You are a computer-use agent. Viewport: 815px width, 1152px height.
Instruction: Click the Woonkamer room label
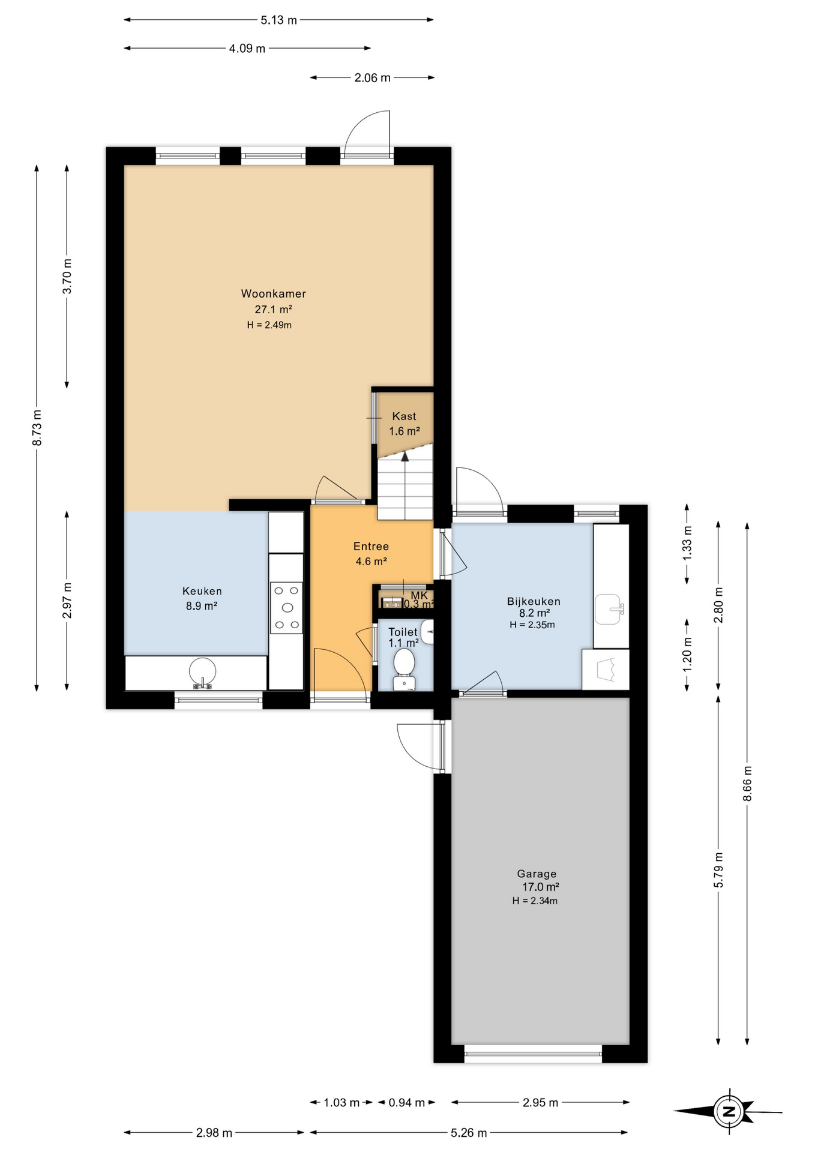tap(274, 293)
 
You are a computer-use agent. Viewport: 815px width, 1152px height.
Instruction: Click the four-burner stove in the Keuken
tap(286, 607)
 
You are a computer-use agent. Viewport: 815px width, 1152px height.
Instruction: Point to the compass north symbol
tap(729, 1111)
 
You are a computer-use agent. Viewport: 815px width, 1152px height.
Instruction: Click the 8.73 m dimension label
tap(37, 428)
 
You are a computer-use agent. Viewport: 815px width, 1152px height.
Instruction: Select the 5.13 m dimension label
tap(279, 20)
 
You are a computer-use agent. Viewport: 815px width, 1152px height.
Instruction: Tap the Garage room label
tap(537, 874)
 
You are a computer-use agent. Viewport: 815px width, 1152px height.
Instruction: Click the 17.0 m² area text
tap(541, 887)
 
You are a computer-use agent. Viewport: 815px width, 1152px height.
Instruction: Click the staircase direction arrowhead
tap(405, 456)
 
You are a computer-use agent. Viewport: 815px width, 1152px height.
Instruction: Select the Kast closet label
tap(404, 416)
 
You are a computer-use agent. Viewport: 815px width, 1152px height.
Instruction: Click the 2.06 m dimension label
tap(373, 77)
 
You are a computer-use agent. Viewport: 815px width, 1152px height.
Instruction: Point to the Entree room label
tap(371, 546)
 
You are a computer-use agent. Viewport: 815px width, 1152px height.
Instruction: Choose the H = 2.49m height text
tap(269, 325)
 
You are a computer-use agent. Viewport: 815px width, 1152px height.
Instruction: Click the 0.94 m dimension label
tap(407, 1102)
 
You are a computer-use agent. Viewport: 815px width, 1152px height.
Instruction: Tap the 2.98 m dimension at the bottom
tap(214, 1133)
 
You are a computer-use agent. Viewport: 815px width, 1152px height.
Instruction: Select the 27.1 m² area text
tap(274, 310)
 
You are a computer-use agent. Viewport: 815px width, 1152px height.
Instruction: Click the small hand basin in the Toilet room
tap(428, 632)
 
